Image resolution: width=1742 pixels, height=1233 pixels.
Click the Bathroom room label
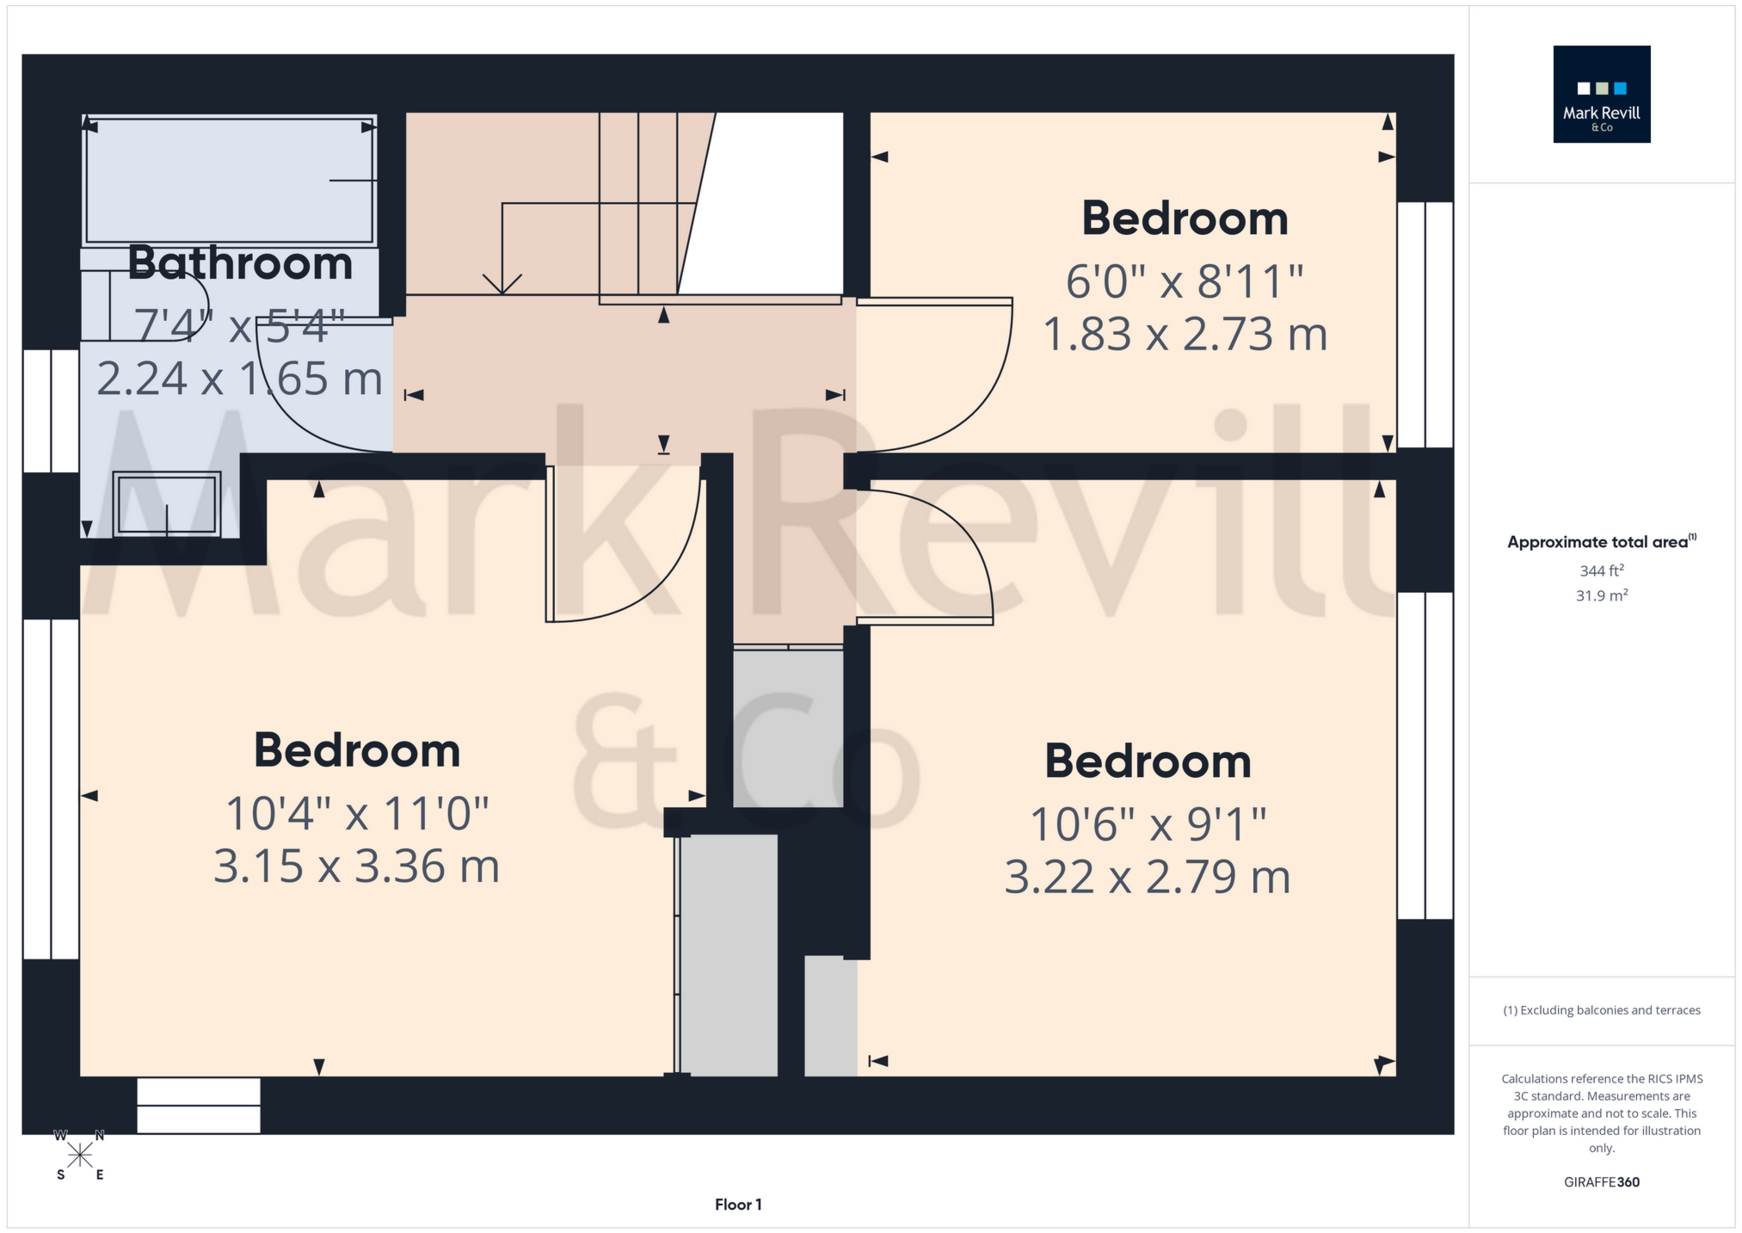click(x=240, y=263)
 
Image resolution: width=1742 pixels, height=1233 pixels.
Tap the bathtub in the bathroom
click(x=229, y=181)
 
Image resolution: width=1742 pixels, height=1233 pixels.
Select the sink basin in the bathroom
click(x=167, y=504)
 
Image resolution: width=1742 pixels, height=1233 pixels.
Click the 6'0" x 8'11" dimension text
click(x=1185, y=281)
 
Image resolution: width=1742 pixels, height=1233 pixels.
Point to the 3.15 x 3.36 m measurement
click(x=356, y=866)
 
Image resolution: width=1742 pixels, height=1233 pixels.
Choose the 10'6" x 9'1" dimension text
click(x=1148, y=824)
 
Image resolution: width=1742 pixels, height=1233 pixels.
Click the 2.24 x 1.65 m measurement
click(x=239, y=379)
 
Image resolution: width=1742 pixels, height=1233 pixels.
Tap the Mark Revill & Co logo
click(x=1601, y=95)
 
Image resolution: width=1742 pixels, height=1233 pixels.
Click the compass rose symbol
click(x=80, y=1155)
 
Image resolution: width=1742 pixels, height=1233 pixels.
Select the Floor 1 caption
click(x=738, y=1205)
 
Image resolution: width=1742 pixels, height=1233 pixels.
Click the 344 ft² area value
click(x=1601, y=570)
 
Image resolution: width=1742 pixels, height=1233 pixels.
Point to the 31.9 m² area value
click(x=1601, y=595)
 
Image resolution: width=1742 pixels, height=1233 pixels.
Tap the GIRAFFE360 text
click(x=1601, y=1182)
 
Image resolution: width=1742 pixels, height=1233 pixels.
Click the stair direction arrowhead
click(x=502, y=285)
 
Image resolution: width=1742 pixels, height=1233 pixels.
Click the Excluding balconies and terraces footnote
click(x=1601, y=1010)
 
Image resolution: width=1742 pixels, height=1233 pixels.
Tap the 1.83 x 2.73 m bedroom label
click(x=1185, y=334)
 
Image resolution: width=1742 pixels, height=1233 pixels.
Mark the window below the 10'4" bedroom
click(x=199, y=1106)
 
